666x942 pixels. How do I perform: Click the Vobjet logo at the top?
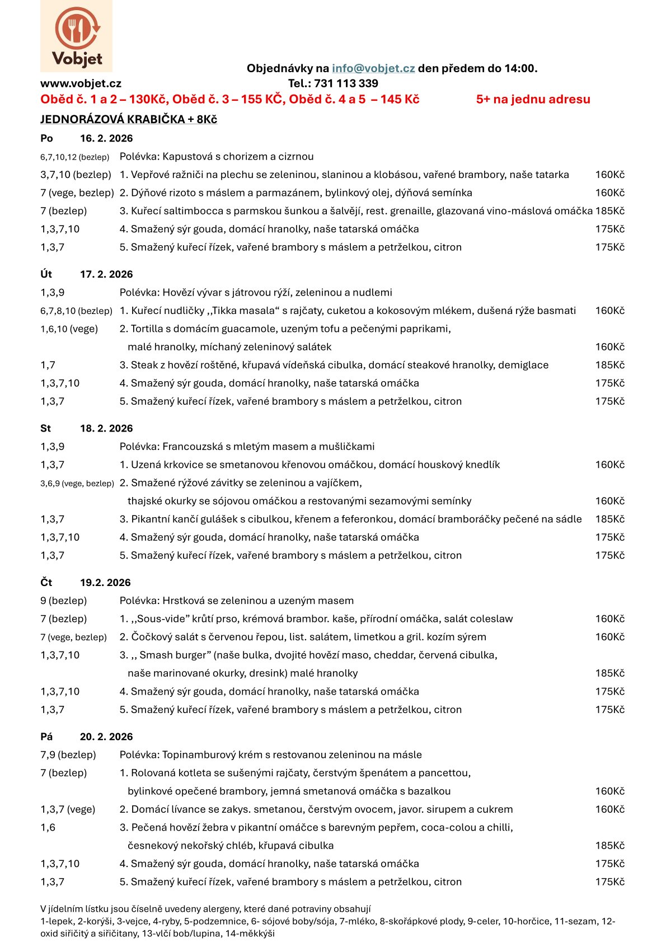pos(76,36)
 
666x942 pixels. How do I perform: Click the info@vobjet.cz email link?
pos(373,68)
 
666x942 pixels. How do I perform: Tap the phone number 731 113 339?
pos(346,83)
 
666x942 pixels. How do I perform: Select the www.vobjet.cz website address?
pos(81,83)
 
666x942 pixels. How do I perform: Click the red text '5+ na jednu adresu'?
pos(533,99)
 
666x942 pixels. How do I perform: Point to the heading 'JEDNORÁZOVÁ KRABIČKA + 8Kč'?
pos(129,119)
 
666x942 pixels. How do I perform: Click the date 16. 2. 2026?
pos(106,138)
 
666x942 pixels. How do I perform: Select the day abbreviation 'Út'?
pos(46,274)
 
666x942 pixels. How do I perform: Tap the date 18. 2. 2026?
pos(106,428)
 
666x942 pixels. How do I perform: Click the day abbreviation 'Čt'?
pos(46,583)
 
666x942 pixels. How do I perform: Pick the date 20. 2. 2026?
pos(106,737)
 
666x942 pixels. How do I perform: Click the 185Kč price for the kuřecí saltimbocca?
pos(609,211)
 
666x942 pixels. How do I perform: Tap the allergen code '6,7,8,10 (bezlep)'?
pos(76,311)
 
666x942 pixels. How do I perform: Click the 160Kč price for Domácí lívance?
pos(609,809)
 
